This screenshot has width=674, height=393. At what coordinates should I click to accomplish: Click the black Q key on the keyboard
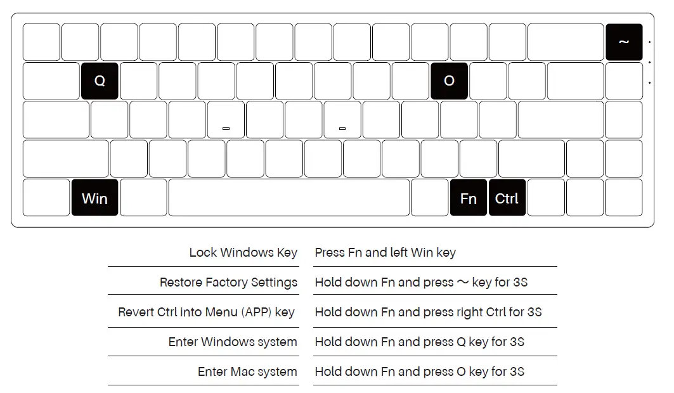click(100, 81)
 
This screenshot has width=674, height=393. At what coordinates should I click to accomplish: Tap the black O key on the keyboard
click(449, 81)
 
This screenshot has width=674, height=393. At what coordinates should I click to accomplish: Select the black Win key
click(94, 198)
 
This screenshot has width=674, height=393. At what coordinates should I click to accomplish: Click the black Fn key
click(468, 198)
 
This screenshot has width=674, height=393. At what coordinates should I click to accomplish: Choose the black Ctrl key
click(507, 198)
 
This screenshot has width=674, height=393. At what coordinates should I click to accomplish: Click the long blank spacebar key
click(288, 198)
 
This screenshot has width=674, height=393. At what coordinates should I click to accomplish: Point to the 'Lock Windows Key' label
click(243, 253)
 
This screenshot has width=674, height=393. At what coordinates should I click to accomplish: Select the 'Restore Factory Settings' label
click(228, 283)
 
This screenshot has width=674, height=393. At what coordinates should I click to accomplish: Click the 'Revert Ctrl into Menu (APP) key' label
click(206, 312)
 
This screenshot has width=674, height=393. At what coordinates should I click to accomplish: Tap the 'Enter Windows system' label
click(233, 342)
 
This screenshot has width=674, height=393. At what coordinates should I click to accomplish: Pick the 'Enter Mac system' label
click(247, 372)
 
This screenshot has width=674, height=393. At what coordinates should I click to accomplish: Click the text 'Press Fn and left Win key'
click(385, 253)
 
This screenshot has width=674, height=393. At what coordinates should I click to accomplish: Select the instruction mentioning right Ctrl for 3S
click(428, 312)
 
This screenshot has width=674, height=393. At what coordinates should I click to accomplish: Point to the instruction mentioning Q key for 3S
click(419, 342)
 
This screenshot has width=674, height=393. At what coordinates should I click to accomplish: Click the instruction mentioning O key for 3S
click(419, 372)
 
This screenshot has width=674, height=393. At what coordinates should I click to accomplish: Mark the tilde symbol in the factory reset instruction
click(463, 282)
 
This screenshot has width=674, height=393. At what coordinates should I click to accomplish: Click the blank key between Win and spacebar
click(143, 198)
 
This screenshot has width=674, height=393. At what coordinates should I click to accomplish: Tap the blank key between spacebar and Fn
click(429, 198)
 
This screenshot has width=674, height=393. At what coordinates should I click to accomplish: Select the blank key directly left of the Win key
click(46, 198)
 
